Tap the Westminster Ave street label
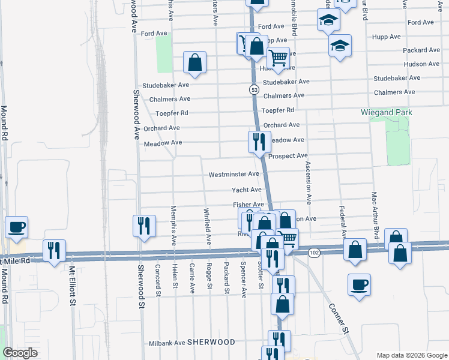click(234, 175)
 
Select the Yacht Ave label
click(247, 190)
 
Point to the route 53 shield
click(255, 89)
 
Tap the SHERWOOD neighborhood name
click(211, 342)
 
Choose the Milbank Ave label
click(166, 343)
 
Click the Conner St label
click(339, 317)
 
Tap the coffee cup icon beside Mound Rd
click(16, 227)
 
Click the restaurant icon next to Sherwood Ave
click(143, 226)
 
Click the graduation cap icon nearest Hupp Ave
click(340, 46)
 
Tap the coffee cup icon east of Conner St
click(359, 284)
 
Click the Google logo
click(21, 353)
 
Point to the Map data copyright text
click(411, 355)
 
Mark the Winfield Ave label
click(207, 226)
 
